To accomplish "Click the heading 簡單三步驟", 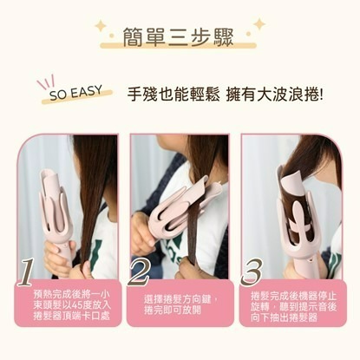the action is (178, 37).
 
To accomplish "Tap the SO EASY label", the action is (75, 93).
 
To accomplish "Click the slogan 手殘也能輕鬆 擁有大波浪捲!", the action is (225, 94).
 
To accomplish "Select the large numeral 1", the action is (27, 272).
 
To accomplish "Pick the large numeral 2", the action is (139, 272).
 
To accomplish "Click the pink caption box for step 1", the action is (68, 303).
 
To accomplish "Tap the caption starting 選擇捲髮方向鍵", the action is (180, 304).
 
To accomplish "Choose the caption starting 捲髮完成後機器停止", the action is (293, 306).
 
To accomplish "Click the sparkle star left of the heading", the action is (101, 26).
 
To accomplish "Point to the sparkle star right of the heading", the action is (259, 24).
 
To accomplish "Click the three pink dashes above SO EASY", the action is (46, 82).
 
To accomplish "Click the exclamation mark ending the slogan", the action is (320, 95).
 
